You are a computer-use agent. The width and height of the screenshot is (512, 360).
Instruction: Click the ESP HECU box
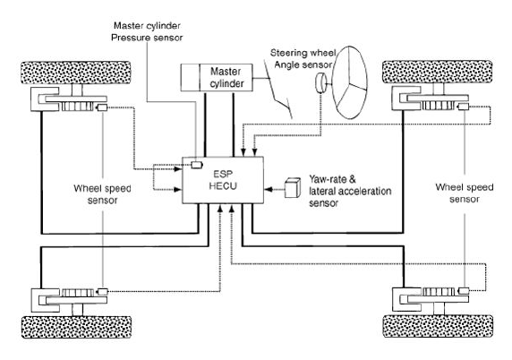click(x=223, y=180)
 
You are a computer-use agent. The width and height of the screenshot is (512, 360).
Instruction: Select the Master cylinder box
click(x=217, y=77)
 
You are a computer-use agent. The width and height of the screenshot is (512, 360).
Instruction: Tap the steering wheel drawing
click(x=350, y=82)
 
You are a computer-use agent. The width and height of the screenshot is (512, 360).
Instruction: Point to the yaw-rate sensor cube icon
click(x=293, y=187)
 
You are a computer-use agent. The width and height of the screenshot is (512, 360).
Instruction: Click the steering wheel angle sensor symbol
click(x=321, y=82)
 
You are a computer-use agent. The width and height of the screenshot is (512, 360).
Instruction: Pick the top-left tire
click(x=76, y=73)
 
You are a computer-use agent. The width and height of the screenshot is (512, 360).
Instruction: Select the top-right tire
click(x=437, y=72)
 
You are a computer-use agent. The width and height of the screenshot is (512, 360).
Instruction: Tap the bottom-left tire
click(x=76, y=327)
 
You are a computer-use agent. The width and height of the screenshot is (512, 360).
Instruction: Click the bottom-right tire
click(x=438, y=326)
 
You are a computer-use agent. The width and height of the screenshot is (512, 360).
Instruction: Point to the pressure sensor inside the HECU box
click(x=197, y=165)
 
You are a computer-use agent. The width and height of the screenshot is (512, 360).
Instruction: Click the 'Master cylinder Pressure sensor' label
click(x=147, y=31)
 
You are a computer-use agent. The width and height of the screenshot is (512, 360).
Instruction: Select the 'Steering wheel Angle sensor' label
click(x=303, y=59)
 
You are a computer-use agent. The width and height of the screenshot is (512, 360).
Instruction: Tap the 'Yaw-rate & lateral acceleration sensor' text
click(x=350, y=191)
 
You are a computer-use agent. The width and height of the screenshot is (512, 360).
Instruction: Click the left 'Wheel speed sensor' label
click(x=102, y=194)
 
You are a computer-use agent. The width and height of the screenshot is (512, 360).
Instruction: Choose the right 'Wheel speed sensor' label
click(x=465, y=193)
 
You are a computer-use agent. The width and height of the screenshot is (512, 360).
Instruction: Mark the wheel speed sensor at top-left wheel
click(x=103, y=107)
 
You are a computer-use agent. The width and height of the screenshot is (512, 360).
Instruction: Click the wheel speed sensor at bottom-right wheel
click(x=464, y=290)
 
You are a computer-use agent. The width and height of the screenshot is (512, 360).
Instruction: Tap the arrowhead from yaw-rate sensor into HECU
click(x=268, y=189)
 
